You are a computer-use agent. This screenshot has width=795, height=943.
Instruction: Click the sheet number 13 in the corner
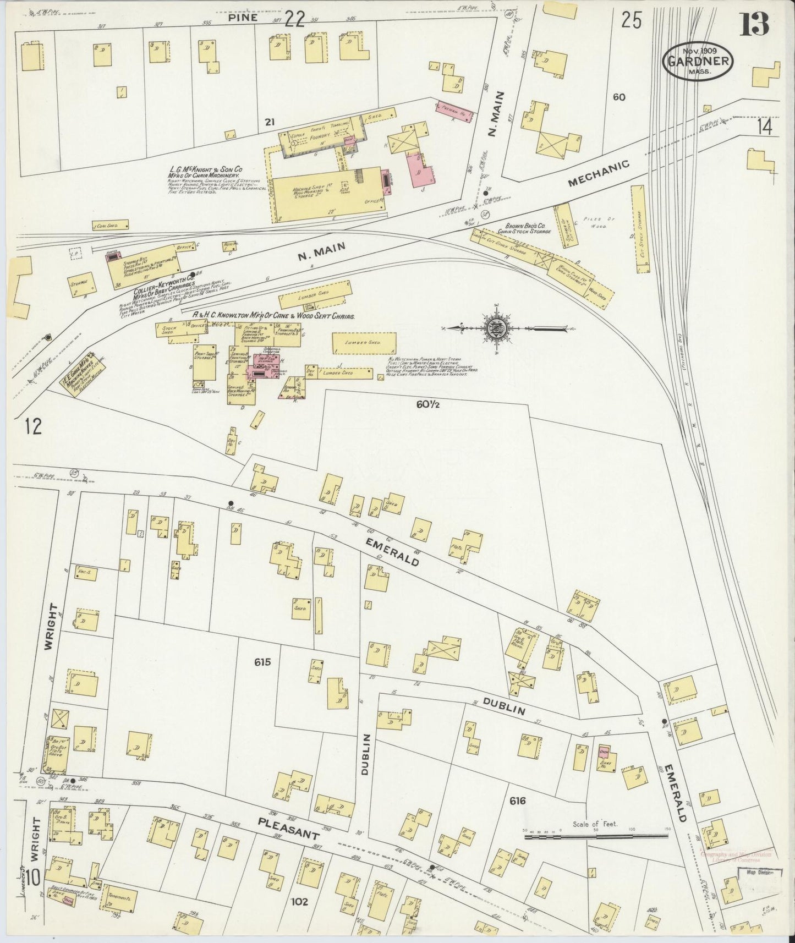click(x=755, y=23)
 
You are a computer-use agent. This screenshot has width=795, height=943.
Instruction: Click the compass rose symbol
click(x=497, y=329)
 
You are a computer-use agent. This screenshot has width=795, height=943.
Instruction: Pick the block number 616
click(x=518, y=801)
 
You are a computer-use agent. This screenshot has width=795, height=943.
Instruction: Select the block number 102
click(x=299, y=902)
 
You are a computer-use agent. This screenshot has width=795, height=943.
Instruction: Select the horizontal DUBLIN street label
click(x=503, y=710)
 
